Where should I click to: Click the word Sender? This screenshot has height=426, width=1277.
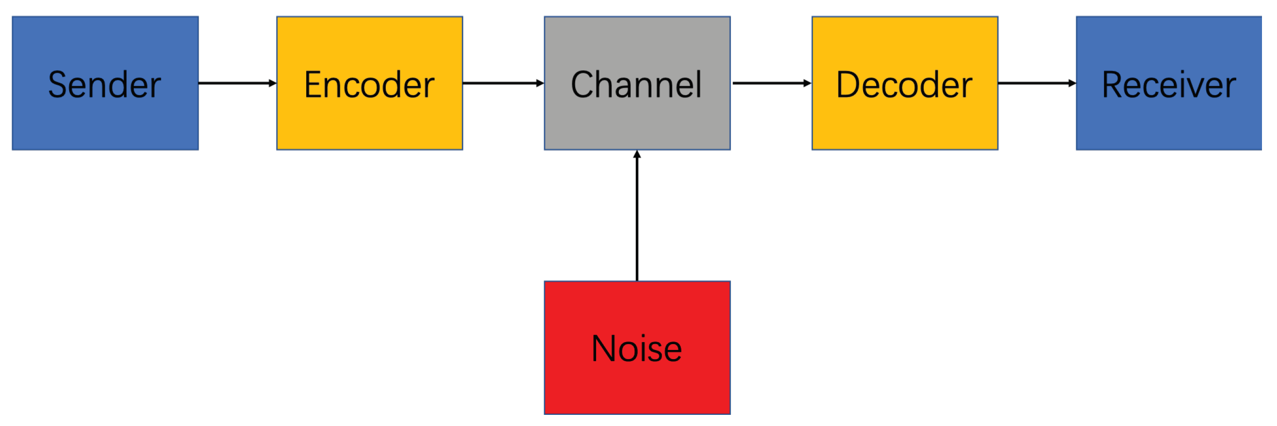[x=105, y=85]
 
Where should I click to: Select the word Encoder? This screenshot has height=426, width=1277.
[x=369, y=85]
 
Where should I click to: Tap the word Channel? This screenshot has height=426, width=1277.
[x=636, y=85]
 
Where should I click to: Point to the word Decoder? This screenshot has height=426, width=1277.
[x=904, y=85]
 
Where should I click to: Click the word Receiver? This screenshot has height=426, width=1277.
[x=1168, y=85]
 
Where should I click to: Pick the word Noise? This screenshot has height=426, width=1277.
[x=636, y=348]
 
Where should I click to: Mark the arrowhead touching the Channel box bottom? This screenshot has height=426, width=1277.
[x=637, y=154]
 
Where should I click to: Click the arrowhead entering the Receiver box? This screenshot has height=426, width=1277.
[x=1072, y=83]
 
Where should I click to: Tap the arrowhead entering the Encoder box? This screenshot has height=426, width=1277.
[x=272, y=83]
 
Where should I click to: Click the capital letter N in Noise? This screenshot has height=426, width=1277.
[x=603, y=348]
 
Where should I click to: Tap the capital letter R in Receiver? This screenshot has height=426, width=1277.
[x=1111, y=85]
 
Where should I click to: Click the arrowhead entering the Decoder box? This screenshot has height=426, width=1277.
[x=807, y=83]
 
